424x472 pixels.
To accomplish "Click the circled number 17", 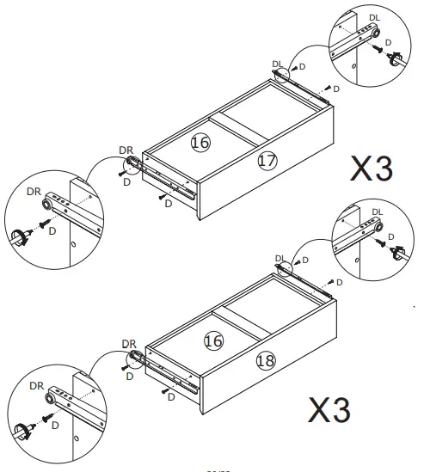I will click(267, 160).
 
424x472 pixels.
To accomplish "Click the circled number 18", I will click(266, 360).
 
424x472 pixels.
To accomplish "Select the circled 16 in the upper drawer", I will click(200, 143).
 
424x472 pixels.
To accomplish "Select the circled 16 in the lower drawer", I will click(213, 342).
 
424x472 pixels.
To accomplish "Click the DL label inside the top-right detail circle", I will click(373, 17).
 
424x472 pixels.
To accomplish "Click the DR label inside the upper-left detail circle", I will click(34, 191).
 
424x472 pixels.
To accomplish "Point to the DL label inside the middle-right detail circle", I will click(377, 211).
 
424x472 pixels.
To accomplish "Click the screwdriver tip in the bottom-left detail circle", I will click(22, 430).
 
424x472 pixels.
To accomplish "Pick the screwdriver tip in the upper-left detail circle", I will click(20, 236).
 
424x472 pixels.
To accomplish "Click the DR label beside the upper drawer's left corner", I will click(126, 150).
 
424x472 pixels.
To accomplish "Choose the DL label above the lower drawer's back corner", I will click(280, 258).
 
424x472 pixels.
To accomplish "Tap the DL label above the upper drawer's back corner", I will click(277, 64).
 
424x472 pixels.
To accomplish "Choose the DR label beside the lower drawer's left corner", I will click(129, 343).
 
